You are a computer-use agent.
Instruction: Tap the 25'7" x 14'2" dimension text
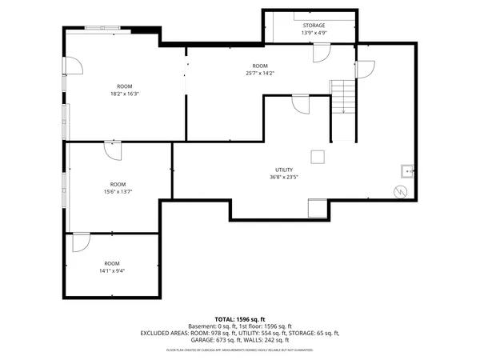260,74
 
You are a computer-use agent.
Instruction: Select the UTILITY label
284,170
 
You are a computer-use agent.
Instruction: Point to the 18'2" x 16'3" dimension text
125,94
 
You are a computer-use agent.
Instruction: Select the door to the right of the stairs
364,69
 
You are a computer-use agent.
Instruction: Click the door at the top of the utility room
301,104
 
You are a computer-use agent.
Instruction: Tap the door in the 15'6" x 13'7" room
112,150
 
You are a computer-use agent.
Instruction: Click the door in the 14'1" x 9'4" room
81,242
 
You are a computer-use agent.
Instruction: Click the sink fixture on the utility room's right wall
406,170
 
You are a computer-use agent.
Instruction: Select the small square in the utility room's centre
318,156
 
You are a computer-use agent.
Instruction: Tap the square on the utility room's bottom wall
318,209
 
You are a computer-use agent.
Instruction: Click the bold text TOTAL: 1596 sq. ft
240,319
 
